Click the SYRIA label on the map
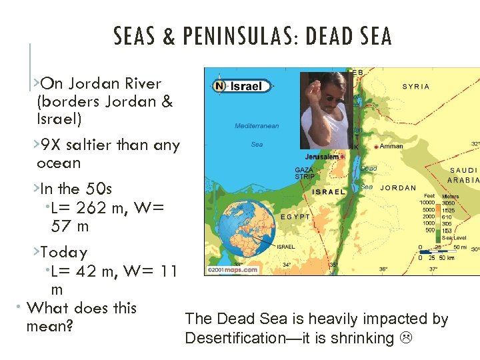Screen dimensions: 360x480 pos(417,87)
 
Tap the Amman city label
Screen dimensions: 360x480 pos(391,146)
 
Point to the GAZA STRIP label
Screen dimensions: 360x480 pos(304,173)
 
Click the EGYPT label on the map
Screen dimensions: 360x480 pos(295,217)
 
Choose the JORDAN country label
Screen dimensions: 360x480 pos(398,188)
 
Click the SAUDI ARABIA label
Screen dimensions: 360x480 pos(463,175)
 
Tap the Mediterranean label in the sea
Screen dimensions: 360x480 pos(257,126)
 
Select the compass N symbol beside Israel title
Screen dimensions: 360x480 pos(219,86)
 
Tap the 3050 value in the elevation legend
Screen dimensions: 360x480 pos(449,202)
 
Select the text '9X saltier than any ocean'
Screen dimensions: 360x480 pos(108,153)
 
